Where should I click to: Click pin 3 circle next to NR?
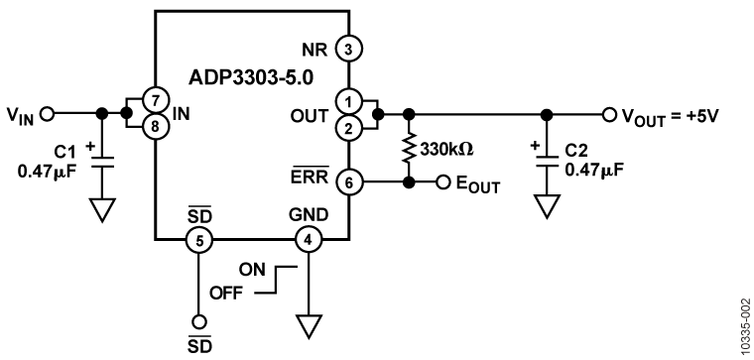tap(347, 47)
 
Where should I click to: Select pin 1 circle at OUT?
tap(347, 100)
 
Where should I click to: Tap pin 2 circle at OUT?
tap(347, 126)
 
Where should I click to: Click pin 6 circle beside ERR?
tap(347, 182)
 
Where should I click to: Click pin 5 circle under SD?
tap(198, 238)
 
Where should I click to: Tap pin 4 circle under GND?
tap(310, 238)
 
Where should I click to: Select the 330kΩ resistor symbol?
tap(409, 148)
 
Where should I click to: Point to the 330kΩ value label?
tap(448, 149)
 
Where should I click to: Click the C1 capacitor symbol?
tap(100, 162)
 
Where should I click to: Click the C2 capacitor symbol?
tap(544, 162)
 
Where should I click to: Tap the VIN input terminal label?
tap(22, 114)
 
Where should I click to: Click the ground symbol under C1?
tap(100, 212)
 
